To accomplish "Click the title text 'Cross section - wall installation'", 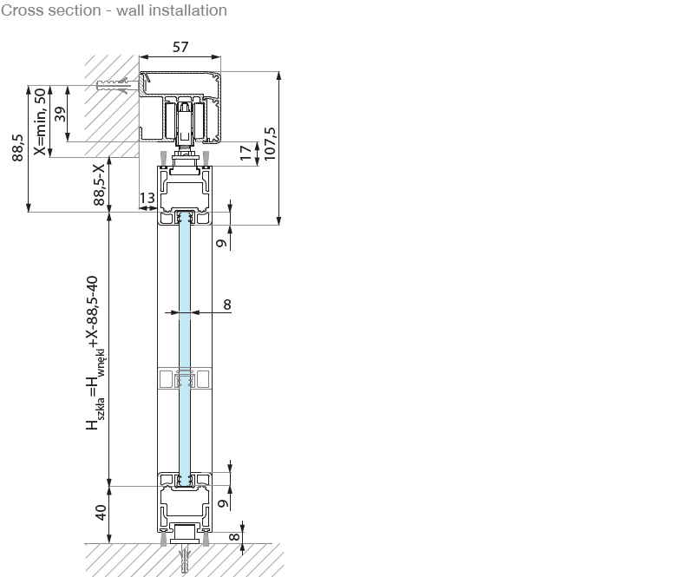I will tap(114, 10).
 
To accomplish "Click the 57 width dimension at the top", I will tap(180, 48).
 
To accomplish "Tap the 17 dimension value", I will tap(246, 154).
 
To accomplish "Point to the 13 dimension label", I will tap(147, 199).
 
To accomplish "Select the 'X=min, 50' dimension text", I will tap(39, 121).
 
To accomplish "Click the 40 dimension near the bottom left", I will tap(101, 513).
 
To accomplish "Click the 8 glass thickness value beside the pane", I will tap(227, 304).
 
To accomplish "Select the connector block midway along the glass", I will tap(184, 379).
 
